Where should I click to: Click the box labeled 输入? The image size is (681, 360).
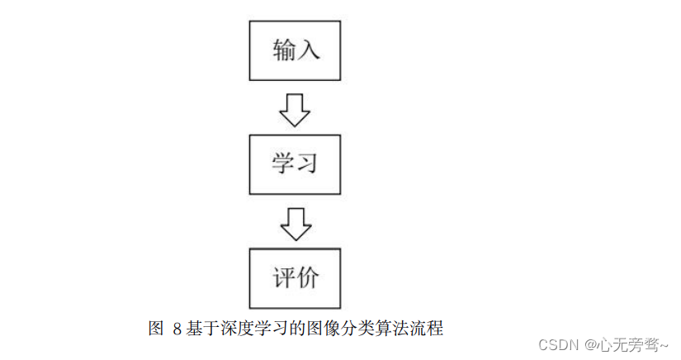(x=295, y=50)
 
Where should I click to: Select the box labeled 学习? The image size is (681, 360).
(x=295, y=163)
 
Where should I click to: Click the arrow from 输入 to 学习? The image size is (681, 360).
(x=295, y=109)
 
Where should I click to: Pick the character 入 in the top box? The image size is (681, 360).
(x=308, y=50)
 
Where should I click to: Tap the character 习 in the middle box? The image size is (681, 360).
(x=306, y=163)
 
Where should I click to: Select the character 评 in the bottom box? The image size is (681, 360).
(x=283, y=277)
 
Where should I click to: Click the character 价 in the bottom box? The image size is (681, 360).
(x=306, y=277)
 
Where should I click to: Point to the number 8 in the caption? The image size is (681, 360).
(x=177, y=329)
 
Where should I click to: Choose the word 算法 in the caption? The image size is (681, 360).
(x=386, y=329)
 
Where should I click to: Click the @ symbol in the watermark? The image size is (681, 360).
(x=589, y=343)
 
